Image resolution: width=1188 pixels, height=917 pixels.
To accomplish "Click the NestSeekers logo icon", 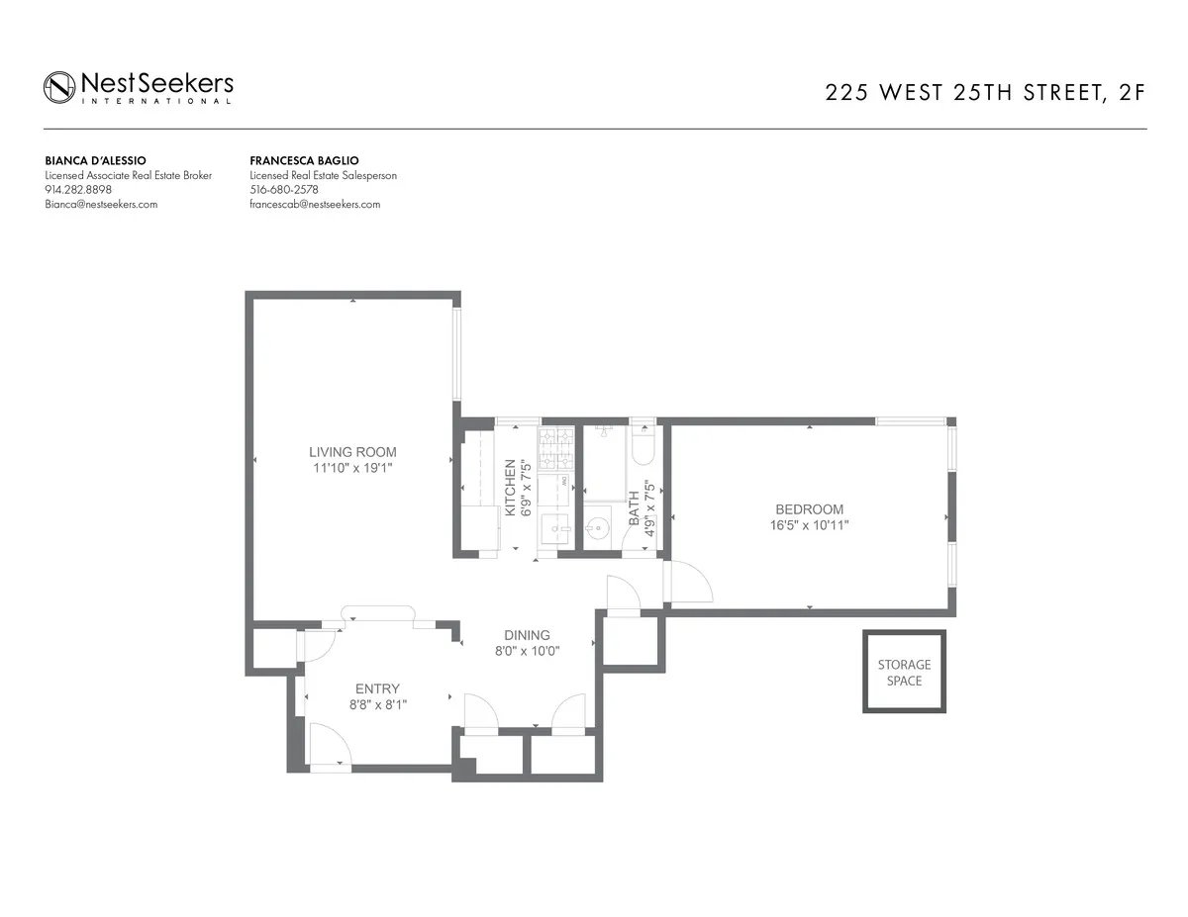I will pyautogui.click(x=59, y=86).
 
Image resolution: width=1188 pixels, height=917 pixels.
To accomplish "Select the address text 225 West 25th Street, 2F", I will pyautogui.click(x=985, y=94).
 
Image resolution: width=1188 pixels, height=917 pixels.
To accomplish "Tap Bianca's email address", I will pyautogui.click(x=101, y=205).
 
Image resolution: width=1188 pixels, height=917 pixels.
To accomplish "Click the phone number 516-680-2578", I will pyautogui.click(x=284, y=190).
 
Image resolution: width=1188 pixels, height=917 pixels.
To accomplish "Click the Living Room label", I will pyautogui.click(x=352, y=452).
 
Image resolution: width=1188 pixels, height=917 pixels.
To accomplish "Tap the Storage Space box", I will pyautogui.click(x=904, y=673).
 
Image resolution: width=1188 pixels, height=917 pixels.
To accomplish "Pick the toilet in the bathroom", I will pyautogui.click(x=643, y=449).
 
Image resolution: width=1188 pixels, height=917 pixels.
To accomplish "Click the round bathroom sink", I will pyautogui.click(x=598, y=527).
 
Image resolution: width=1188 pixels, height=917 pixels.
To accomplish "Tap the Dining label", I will pyautogui.click(x=527, y=635).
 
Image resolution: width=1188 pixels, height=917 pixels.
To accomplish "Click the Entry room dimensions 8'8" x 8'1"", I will pyautogui.click(x=377, y=705).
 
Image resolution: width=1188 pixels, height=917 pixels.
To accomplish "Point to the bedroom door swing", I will pyautogui.click(x=690, y=583).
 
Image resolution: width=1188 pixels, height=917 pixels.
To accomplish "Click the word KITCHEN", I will pyautogui.click(x=511, y=488).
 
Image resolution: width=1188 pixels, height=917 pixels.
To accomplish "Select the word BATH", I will pyautogui.click(x=635, y=507).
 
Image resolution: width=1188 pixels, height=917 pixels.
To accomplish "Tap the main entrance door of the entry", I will pyautogui.click(x=330, y=746).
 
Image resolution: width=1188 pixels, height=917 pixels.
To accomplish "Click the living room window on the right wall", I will pyautogui.click(x=457, y=354).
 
